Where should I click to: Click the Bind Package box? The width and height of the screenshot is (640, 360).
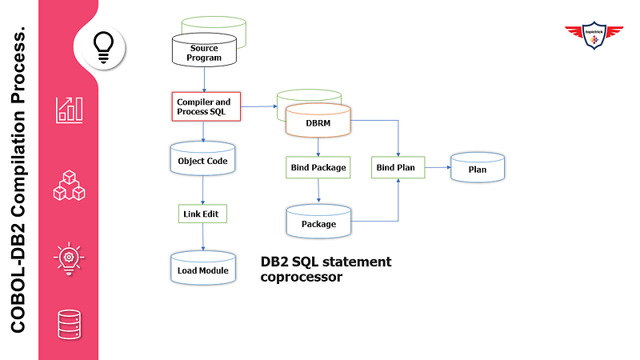[317, 167]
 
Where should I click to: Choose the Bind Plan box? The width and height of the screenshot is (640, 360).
[398, 167]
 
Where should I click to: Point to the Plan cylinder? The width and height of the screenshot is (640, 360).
[477, 169]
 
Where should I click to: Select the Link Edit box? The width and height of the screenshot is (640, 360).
[202, 214]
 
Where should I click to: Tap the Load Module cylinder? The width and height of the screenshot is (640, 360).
[202, 270]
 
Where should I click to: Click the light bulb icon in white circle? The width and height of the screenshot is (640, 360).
[104, 43]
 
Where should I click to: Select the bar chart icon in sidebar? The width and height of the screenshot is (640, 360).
[69, 110]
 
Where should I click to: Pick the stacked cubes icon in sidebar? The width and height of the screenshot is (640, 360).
[69, 184]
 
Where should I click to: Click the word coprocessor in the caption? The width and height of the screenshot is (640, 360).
[302, 278]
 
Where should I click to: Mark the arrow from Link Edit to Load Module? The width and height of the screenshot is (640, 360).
[202, 237]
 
